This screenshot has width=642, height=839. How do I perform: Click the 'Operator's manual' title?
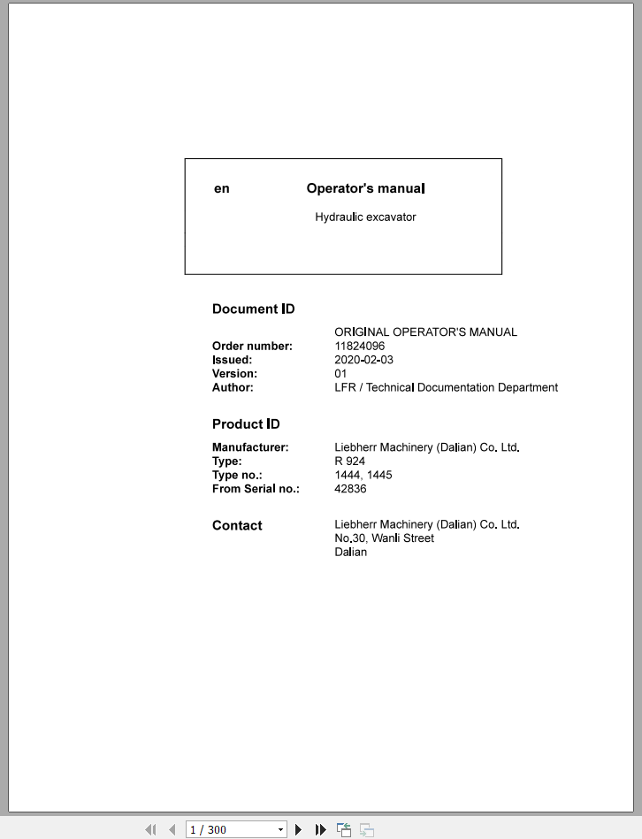365,188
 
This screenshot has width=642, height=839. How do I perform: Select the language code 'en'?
222,188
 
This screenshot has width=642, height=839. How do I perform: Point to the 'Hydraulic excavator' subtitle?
365,217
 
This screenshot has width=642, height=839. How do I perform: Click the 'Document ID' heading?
254,309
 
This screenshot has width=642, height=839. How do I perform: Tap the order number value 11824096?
359,346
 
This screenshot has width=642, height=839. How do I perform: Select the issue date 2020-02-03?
363,360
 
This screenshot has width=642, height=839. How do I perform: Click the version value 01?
340,374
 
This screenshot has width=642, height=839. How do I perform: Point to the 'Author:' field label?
233,387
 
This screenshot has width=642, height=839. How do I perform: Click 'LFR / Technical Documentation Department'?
446,387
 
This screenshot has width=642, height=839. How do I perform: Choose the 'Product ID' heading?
246,423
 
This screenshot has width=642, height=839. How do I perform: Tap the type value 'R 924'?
349,461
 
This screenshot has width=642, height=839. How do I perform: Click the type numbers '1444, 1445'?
363,475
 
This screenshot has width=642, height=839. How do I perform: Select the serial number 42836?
350,489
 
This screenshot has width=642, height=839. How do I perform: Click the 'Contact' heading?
237,525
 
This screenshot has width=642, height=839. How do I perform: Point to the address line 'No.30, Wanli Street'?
384,538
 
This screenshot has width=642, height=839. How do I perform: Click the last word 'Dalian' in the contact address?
350,552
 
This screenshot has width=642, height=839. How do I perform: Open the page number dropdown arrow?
281,829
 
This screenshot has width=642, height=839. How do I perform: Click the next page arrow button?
299,829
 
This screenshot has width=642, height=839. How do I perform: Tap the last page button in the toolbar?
321,829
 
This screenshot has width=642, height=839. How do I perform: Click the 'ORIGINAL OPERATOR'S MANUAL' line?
425,332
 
